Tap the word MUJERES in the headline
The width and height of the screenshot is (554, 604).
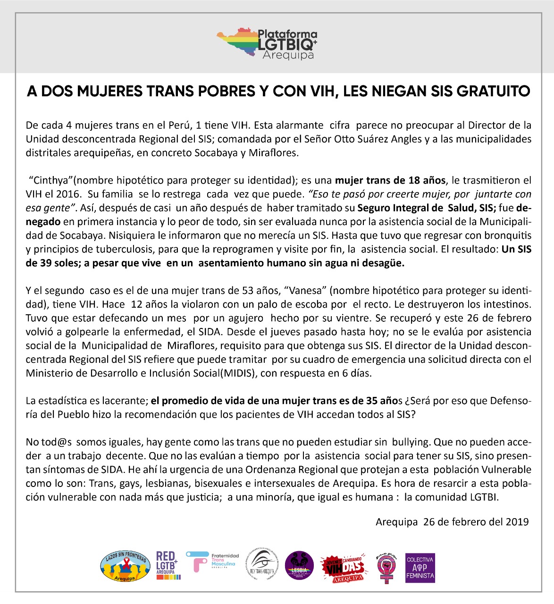(109, 91)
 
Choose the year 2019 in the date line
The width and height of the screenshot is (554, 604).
(517, 522)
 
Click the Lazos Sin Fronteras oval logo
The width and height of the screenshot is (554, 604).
(125, 566)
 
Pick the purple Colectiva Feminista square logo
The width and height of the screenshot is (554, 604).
(420, 568)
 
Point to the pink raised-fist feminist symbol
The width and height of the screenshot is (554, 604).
(387, 567)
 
